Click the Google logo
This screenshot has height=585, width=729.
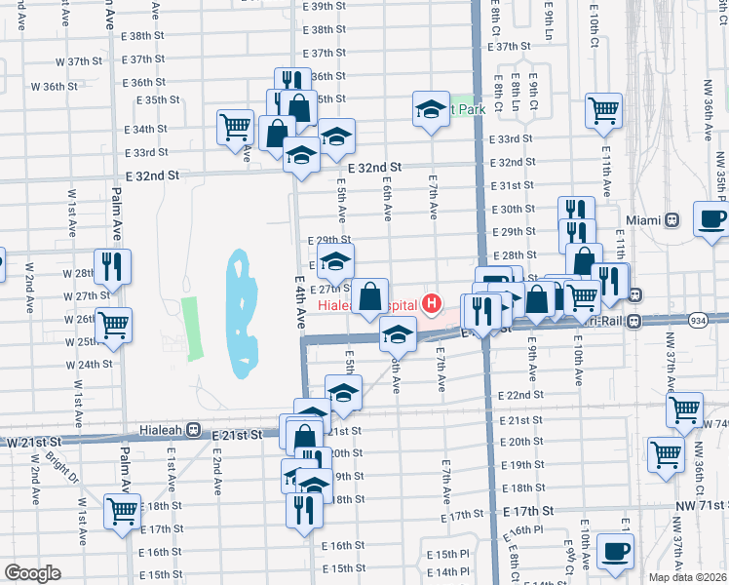pyautogui.click(x=32, y=573)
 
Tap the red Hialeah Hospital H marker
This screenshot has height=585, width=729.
pyautogui.click(x=431, y=305)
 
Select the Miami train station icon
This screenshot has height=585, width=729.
pyautogui.click(x=670, y=220)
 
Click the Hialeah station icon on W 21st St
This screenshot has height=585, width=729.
pyautogui.click(x=194, y=429)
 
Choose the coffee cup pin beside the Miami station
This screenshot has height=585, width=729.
pyautogui.click(x=710, y=218)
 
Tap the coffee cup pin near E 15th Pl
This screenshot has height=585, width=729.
pyautogui.click(x=615, y=550)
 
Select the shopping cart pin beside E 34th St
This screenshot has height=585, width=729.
pyautogui.click(x=236, y=127)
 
